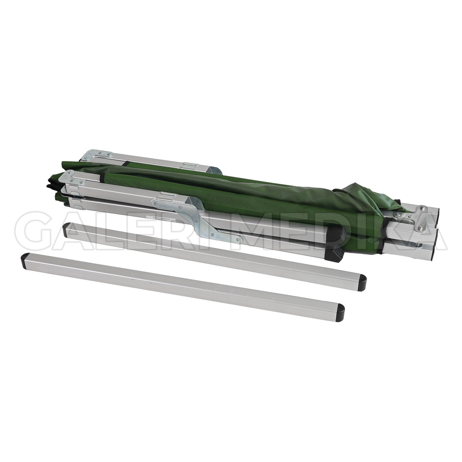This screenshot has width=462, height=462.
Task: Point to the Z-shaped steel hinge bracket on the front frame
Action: (201, 220)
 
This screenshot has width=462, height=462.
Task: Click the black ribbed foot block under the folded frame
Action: (334, 244)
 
